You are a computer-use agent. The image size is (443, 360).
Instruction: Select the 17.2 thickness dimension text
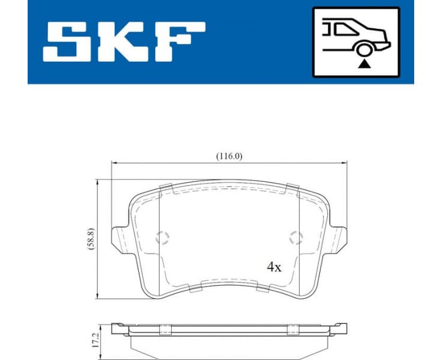[90, 340]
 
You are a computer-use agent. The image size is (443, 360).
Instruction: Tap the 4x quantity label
[274, 268]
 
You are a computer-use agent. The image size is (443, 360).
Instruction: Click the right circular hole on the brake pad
[294, 238]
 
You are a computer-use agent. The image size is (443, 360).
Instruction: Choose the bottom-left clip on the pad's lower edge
[196, 287]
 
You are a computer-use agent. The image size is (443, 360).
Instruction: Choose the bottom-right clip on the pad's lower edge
[262, 287]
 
